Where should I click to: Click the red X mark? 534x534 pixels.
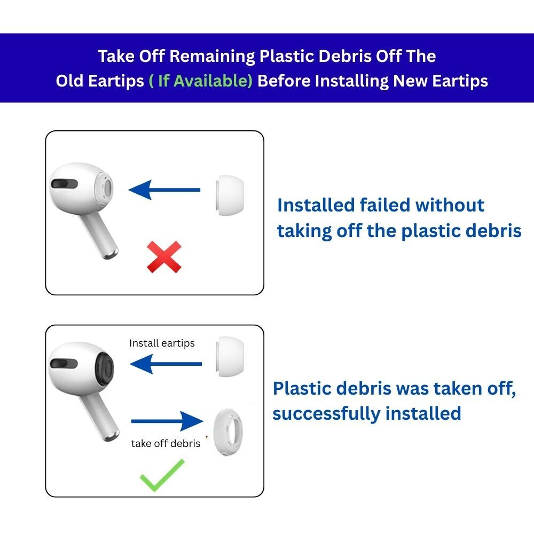click(164, 257)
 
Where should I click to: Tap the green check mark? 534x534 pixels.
click(162, 475)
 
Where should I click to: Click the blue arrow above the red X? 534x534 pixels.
click(164, 190)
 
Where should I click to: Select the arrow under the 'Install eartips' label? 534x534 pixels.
click(166, 364)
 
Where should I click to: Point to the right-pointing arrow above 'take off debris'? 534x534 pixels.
click(167, 421)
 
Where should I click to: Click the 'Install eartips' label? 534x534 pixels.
click(162, 343)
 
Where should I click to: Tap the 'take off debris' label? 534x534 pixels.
click(166, 443)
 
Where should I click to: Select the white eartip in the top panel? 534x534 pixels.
click(230, 195)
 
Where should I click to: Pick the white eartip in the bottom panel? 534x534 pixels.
click(230, 357)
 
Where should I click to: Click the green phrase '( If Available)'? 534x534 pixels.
click(201, 81)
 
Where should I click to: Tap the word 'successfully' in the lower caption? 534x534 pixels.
click(326, 413)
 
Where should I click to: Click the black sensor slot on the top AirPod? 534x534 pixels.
click(64, 184)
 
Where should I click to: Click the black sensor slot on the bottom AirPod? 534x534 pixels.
click(64, 363)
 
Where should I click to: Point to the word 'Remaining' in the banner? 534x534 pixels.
click(212, 57)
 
